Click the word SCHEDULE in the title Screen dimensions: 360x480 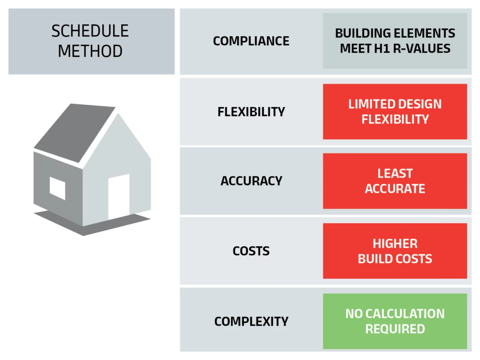90,31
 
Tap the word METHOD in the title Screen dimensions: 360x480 90,51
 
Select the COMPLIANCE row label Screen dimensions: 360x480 251,41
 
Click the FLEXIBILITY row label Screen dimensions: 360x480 251,112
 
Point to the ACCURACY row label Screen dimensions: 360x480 251,181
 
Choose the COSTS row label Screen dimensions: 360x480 251,251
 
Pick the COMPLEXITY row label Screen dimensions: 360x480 251,321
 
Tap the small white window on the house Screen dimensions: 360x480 57,188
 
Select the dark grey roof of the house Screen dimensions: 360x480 75,132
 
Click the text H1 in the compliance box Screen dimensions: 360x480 382,48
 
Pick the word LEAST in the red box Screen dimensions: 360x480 395,173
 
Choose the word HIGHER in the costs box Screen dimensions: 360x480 395,243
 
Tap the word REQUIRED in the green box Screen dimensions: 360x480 395,329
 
